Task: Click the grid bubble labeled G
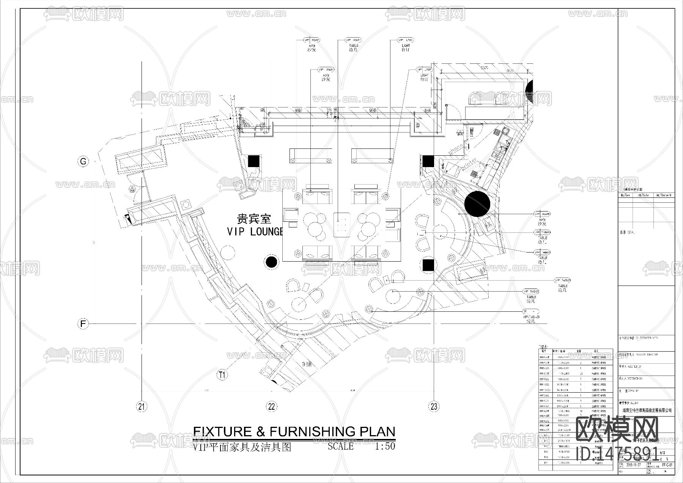coord(83,161)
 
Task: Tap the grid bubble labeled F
coord(83,324)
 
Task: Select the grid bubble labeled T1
coord(222,375)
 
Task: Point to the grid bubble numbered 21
coord(142,407)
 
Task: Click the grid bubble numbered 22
coord(271,407)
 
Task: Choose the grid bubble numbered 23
coord(434,407)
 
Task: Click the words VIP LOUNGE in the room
coord(255,232)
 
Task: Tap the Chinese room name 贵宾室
coord(254,219)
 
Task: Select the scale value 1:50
coord(385,446)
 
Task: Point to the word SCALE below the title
coord(340,446)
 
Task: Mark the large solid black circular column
coord(477,204)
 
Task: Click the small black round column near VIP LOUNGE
coord(271,262)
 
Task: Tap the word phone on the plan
coord(455,149)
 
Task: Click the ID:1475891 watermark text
coord(617,453)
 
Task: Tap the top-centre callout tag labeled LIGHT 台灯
coord(406,45)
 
